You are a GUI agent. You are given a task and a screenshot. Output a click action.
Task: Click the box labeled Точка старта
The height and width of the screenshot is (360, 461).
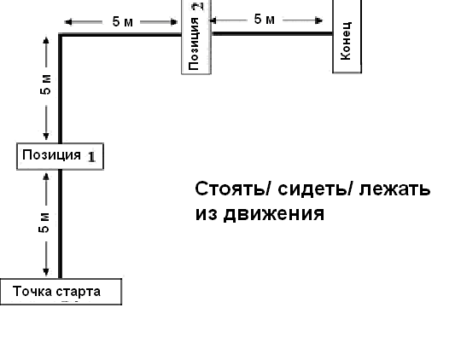click(61, 292)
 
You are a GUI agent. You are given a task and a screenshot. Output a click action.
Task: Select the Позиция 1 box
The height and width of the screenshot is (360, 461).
click(61, 156)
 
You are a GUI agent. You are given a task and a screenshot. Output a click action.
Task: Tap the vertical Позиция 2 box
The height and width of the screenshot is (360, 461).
click(196, 37)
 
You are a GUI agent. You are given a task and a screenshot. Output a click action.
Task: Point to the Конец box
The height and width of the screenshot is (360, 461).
click(347, 36)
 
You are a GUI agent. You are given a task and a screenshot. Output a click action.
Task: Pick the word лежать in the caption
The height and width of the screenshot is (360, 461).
click(395, 189)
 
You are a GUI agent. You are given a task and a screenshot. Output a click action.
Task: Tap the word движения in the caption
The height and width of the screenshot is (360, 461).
click(274, 213)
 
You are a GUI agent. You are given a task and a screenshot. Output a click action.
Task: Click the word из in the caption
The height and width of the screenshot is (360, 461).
click(207, 213)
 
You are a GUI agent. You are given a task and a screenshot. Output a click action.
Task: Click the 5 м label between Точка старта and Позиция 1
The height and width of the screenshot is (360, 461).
click(44, 222)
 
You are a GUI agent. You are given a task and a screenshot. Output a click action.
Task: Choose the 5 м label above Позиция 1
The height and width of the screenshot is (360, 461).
click(45, 84)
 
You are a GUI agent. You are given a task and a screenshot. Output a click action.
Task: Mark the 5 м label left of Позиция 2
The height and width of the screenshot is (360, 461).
click(123, 21)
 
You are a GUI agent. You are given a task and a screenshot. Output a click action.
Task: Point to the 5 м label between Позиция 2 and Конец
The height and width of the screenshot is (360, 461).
click(265, 20)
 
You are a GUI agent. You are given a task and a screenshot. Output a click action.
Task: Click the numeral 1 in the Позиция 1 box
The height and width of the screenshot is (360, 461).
click(91, 157)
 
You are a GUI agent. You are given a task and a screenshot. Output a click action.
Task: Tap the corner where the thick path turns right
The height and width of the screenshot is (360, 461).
click(61, 35)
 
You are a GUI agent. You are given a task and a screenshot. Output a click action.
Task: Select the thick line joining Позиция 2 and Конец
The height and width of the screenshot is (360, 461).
click(272, 34)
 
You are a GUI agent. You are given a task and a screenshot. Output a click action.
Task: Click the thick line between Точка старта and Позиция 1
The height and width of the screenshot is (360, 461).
click(61, 224)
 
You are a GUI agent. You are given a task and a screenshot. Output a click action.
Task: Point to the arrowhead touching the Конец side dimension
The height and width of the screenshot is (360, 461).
click(318, 20)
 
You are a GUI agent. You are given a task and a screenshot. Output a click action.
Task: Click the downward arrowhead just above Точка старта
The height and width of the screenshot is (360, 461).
click(46, 271)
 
